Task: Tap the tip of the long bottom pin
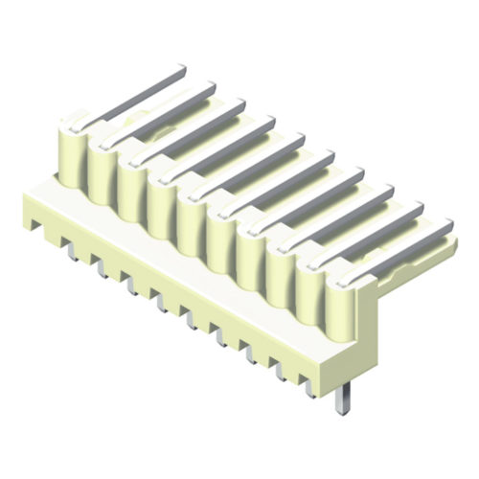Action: click(x=340, y=410)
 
